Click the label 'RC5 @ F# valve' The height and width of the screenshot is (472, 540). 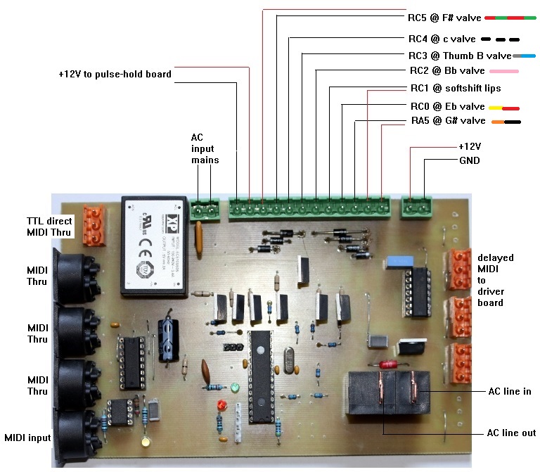pos(444,18)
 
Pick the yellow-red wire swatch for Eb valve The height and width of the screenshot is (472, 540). pos(503,108)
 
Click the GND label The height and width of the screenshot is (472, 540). pos(468,160)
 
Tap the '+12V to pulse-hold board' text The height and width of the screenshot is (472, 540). pos(115,73)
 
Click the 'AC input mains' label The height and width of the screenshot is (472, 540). pos(205,148)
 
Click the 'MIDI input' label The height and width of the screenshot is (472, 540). pos(27,438)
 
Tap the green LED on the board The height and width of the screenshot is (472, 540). pos(233,388)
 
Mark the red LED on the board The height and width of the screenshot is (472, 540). pos(221,407)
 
